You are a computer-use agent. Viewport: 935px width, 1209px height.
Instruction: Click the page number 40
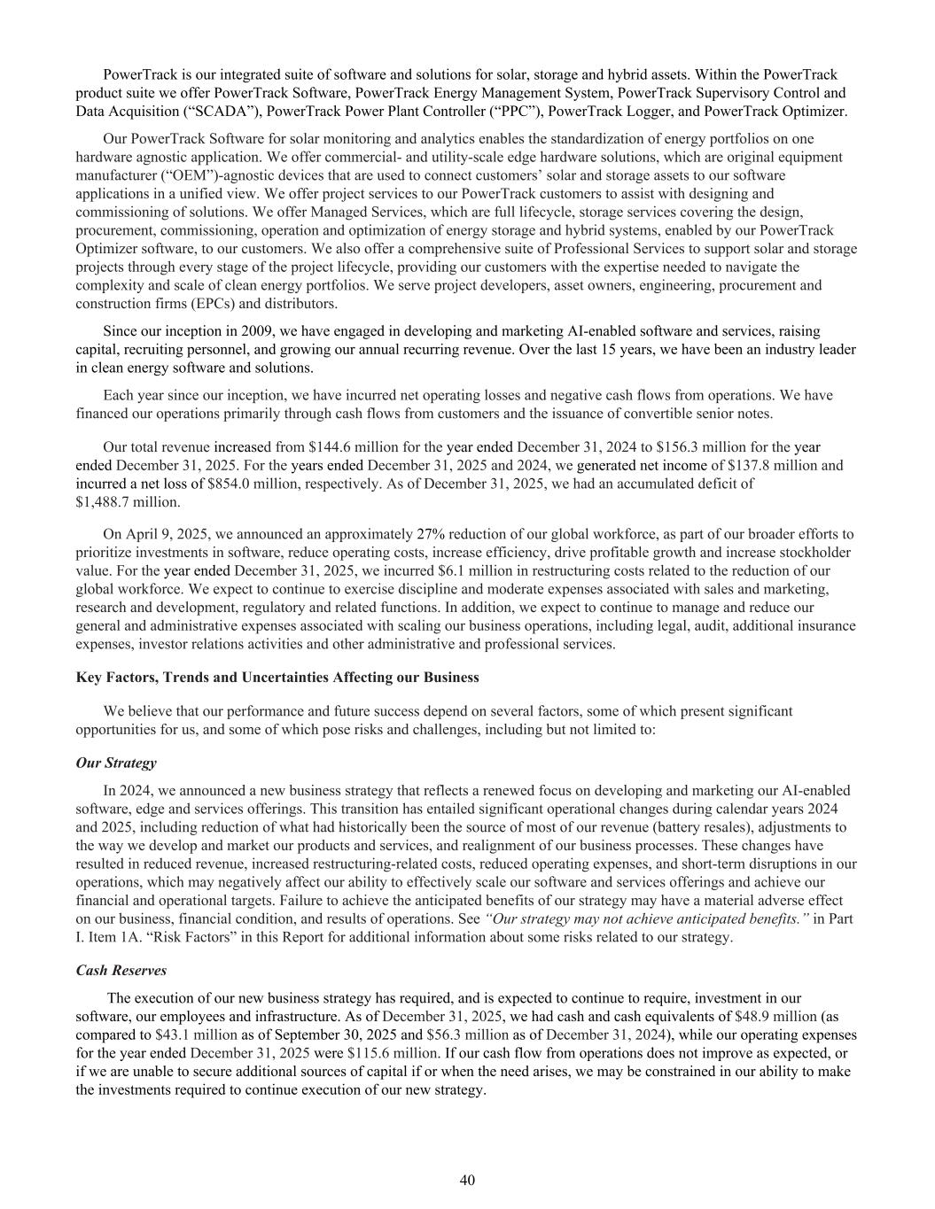pyautogui.click(x=468, y=1179)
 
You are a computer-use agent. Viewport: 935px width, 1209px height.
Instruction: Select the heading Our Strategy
pyautogui.click(x=116, y=763)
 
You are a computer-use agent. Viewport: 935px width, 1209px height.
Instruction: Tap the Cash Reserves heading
pyautogui.click(x=121, y=971)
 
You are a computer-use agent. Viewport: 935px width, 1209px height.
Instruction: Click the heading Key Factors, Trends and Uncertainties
pyautogui.click(x=277, y=678)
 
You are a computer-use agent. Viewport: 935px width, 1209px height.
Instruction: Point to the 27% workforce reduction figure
pyautogui.click(x=431, y=534)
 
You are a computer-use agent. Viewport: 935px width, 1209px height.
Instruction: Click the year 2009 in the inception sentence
pyautogui.click(x=256, y=331)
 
